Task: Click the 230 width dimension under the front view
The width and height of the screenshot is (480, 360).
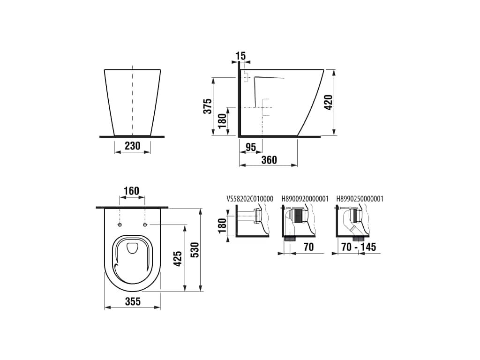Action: click(133, 146)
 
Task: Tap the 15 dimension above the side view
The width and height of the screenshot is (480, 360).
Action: click(241, 56)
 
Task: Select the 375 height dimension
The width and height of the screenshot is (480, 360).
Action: click(208, 106)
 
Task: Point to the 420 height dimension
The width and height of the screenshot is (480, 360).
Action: click(328, 103)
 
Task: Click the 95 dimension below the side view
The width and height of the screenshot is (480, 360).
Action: click(251, 147)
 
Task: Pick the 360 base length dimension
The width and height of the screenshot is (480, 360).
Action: click(270, 160)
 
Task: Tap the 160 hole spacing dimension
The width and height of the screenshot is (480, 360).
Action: click(131, 191)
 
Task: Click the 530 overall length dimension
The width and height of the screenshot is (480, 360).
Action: click(195, 250)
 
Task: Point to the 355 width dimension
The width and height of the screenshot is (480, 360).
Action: click(133, 301)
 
